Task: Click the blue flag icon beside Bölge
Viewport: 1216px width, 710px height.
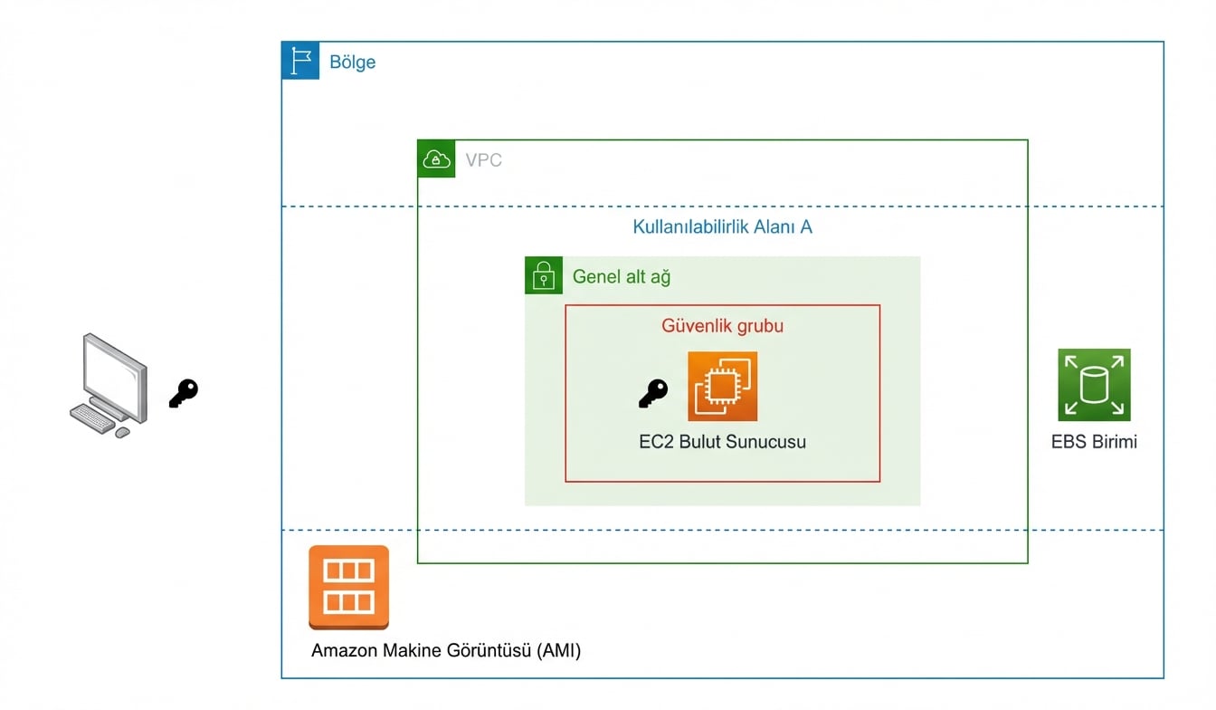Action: pos(300,61)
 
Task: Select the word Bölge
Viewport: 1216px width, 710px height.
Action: pos(352,62)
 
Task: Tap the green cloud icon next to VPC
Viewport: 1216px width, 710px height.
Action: pos(436,159)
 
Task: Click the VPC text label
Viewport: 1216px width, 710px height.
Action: pos(483,160)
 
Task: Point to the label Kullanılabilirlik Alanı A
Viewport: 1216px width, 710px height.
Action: pos(722,226)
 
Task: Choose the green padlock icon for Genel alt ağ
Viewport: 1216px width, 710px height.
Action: pos(544,275)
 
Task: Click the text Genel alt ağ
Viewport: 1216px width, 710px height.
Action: pos(622,277)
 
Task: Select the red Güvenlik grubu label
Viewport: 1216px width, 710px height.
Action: pos(722,325)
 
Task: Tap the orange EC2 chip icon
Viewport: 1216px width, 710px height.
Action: pos(722,387)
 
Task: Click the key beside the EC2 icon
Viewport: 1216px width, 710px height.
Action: pos(652,393)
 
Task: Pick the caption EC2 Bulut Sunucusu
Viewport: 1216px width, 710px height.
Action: pos(722,442)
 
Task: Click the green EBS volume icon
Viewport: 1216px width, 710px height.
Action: pos(1094,385)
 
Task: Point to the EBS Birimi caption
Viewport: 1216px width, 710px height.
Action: pos(1094,442)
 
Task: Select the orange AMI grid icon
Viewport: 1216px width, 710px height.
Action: pos(348,586)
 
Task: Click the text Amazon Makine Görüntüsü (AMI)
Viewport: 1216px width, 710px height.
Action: pos(446,650)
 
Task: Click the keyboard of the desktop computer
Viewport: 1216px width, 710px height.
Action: pos(92,417)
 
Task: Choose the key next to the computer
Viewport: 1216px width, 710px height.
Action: pos(183,393)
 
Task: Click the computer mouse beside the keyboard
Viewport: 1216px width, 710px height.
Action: pos(122,432)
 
